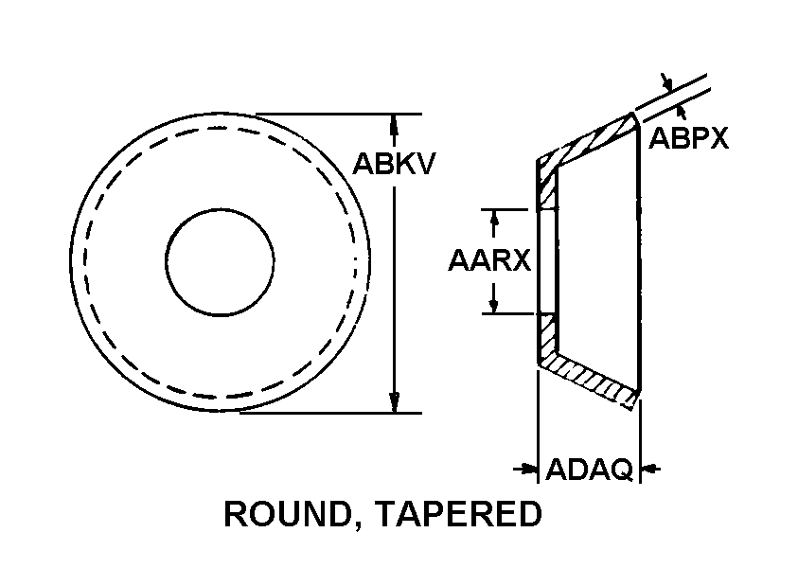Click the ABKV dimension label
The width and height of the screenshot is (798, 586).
pos(394,164)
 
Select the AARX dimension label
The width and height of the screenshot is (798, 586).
pos(489,260)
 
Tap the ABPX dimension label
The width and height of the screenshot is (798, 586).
pos(688,138)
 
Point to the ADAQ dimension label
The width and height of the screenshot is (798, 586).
pos(590,469)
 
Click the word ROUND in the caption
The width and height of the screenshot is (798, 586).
pos(288,514)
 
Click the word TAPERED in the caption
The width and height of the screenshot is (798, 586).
pos(460,514)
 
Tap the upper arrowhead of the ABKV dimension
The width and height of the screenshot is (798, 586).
pos(394,125)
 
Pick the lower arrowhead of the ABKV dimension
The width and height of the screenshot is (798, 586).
pos(394,402)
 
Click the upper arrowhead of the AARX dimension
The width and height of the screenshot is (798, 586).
pos(493,219)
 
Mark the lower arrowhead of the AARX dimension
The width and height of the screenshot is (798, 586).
pos(493,305)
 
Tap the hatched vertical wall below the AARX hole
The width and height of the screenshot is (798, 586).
pos(547,338)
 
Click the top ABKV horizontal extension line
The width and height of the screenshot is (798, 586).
pos(339,114)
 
